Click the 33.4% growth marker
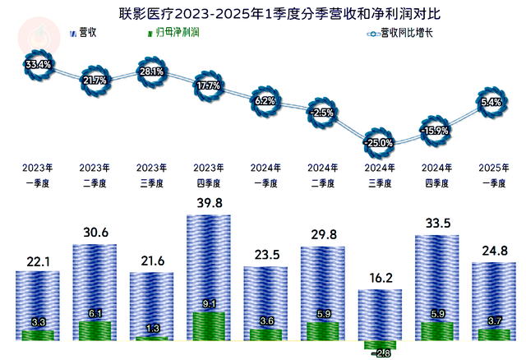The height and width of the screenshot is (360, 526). [x=39, y=63]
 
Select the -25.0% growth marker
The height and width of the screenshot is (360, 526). [x=381, y=142]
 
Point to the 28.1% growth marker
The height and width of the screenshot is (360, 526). [x=152, y=71]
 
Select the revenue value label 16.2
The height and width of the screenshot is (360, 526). [x=380, y=279]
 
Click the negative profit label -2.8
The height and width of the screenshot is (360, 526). [x=380, y=353]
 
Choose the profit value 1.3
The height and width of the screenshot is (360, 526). [x=153, y=328]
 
